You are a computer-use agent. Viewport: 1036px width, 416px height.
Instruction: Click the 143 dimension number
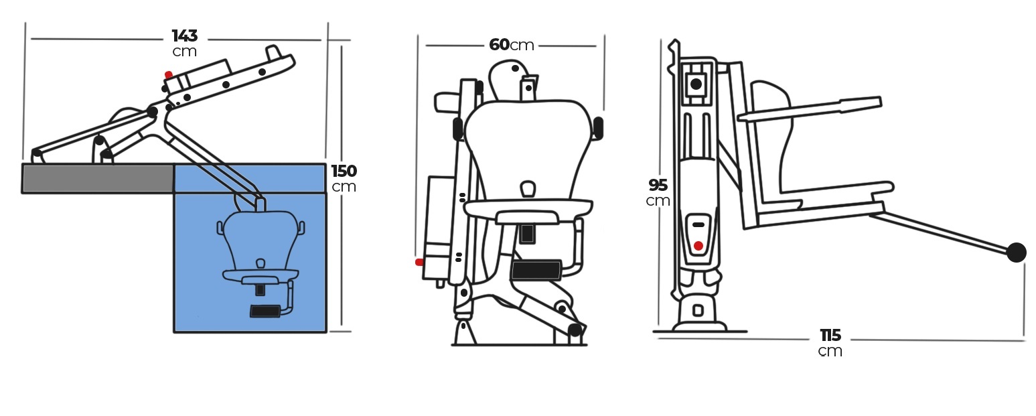[x=185, y=36]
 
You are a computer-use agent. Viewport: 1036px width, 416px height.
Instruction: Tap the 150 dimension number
[x=344, y=171]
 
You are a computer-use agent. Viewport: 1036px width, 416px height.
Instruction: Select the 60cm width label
[x=512, y=45]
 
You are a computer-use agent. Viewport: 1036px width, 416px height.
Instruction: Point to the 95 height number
[x=658, y=185]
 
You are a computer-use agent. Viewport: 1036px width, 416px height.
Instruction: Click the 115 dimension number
[x=830, y=335]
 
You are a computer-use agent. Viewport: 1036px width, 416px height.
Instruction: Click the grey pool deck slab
[x=98, y=178]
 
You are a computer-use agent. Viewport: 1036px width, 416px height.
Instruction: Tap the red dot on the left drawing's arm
[x=169, y=74]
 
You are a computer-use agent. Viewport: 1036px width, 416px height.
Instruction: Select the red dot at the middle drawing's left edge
[x=419, y=263]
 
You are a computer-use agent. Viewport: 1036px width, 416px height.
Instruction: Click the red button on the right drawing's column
[x=698, y=246]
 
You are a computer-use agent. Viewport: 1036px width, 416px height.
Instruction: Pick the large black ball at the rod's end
[x=1017, y=253]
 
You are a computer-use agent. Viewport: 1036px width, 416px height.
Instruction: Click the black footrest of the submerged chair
[x=265, y=311]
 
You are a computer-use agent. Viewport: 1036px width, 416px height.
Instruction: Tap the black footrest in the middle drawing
[x=536, y=271]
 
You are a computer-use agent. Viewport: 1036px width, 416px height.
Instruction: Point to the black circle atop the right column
[x=696, y=84]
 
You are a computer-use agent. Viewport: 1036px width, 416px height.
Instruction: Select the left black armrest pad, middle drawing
[x=458, y=128]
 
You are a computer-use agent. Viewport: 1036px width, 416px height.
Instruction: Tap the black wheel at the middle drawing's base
[x=575, y=330]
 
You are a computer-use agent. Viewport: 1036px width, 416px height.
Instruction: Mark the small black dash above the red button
[x=698, y=225]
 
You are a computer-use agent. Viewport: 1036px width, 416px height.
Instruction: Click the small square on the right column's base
[x=698, y=311]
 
